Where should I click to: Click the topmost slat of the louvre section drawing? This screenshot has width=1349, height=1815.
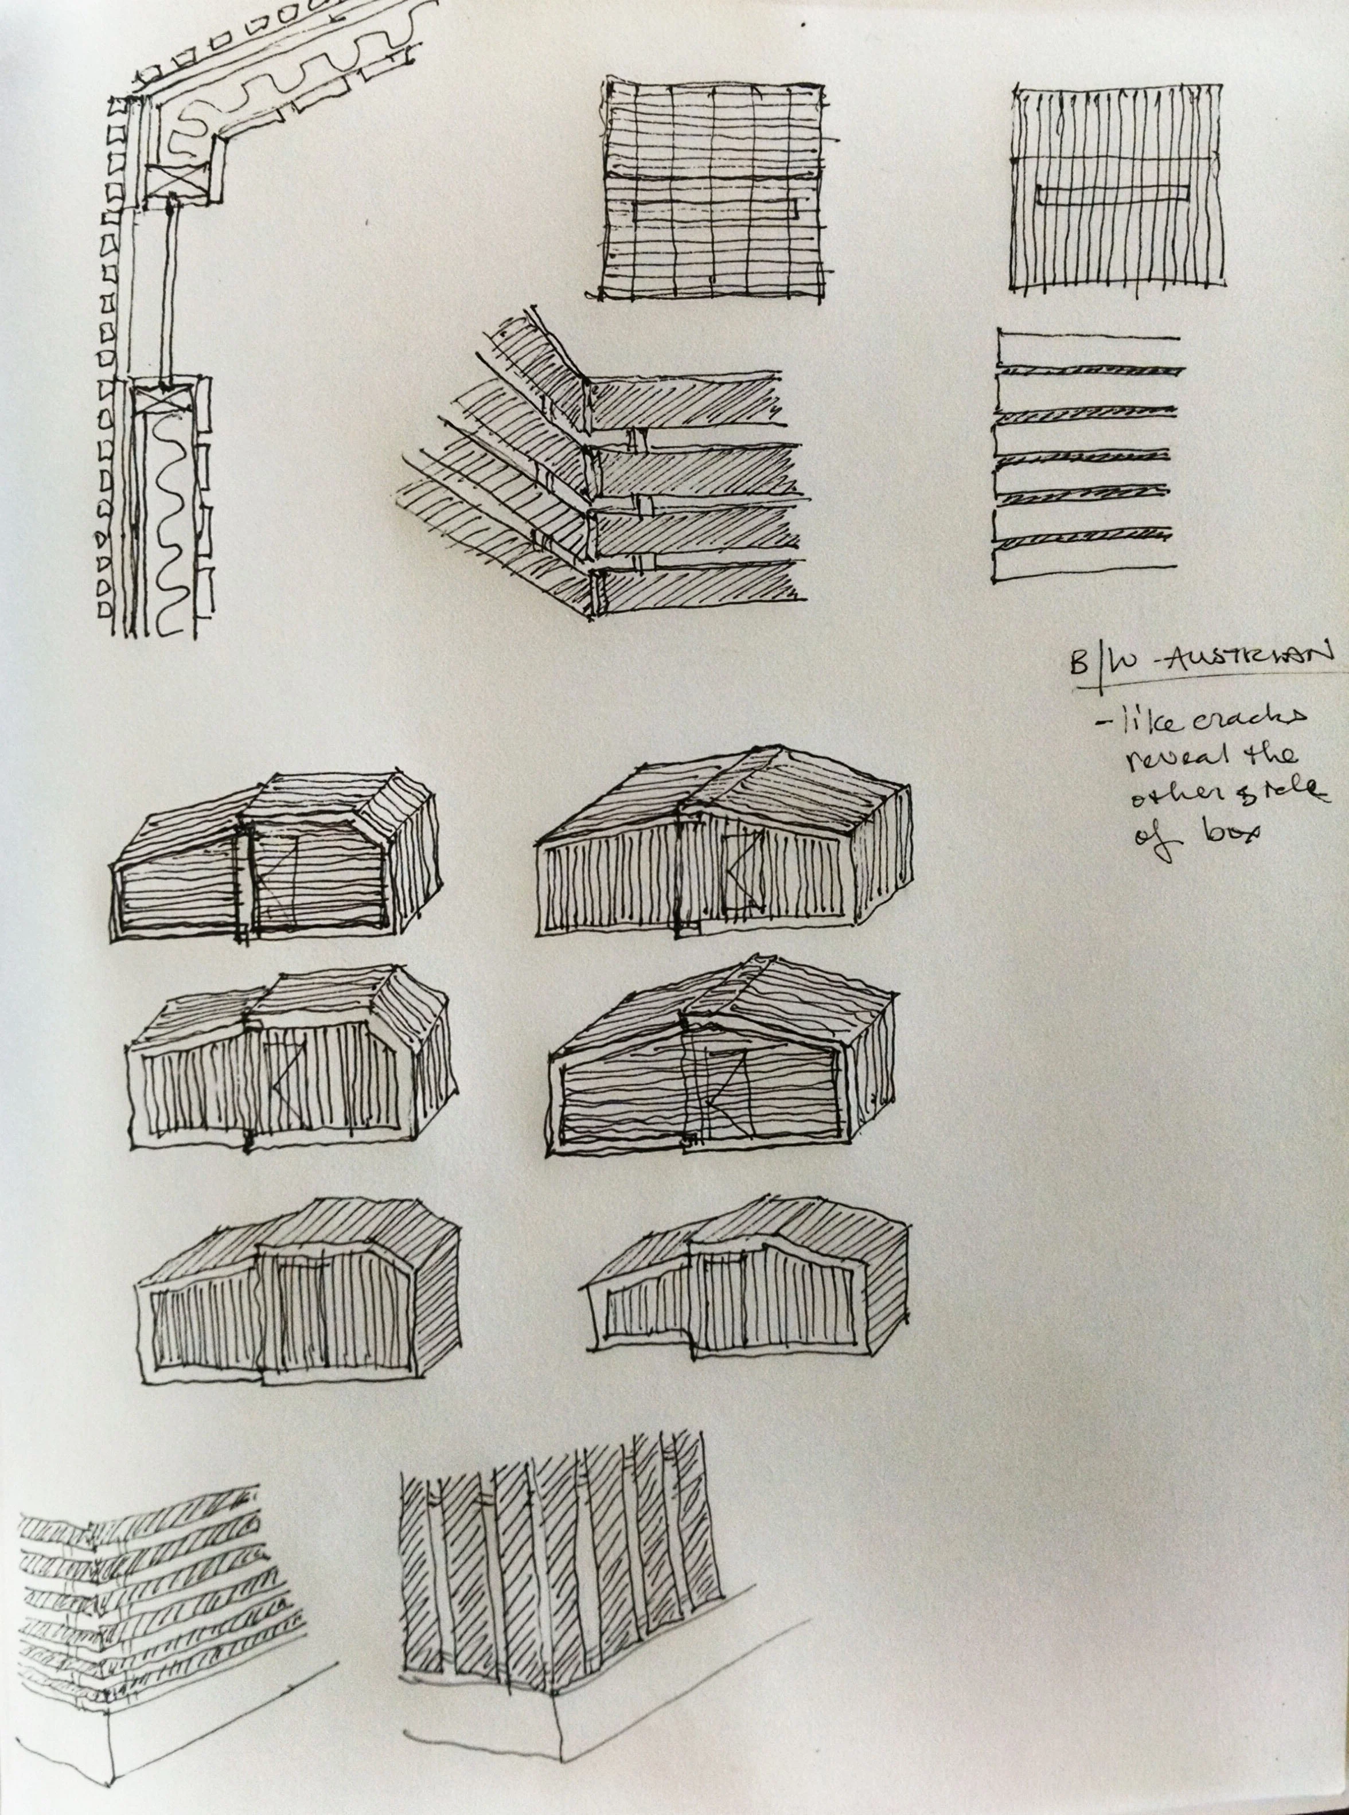1086,337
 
